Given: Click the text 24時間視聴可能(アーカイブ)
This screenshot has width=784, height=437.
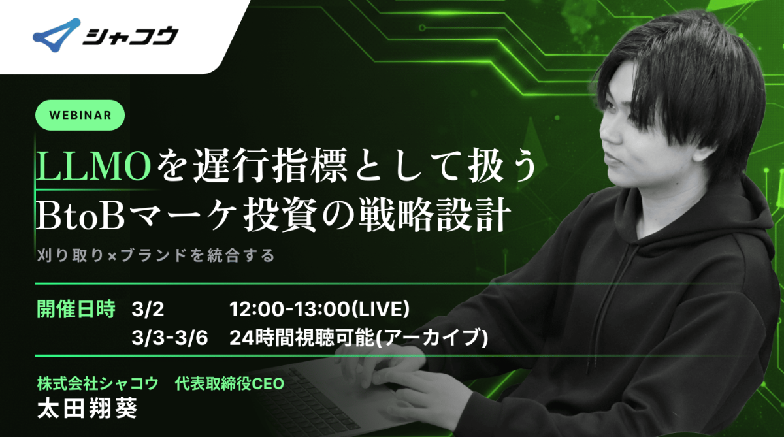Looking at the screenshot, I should coord(359,338).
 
